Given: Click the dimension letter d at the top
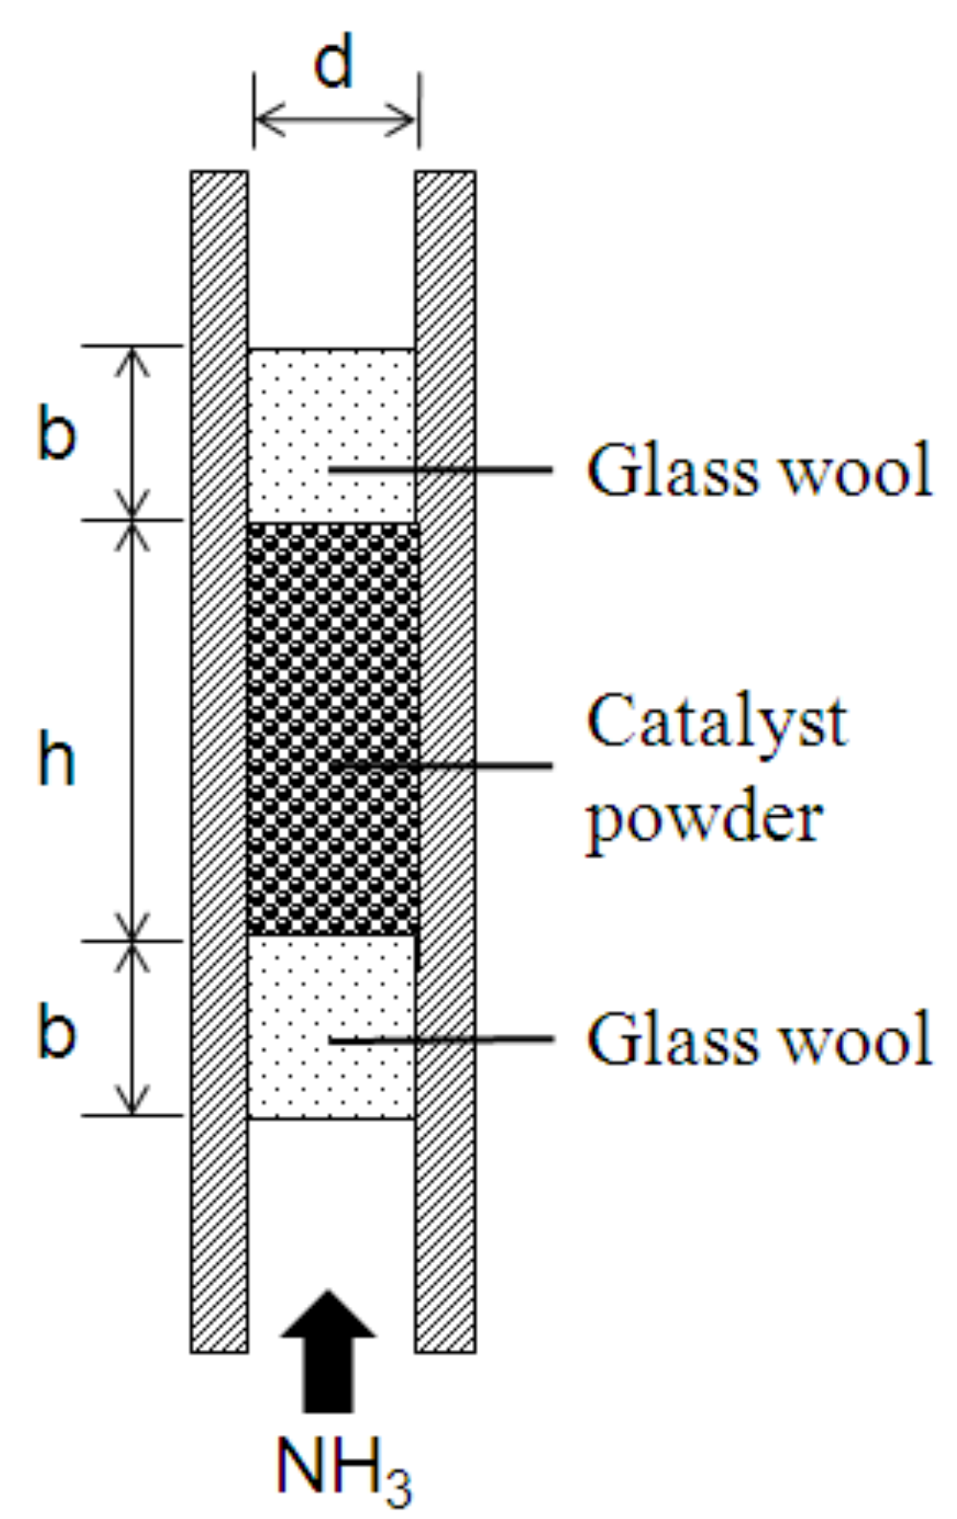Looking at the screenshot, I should tap(334, 64).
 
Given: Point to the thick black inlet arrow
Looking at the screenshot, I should tap(328, 1351).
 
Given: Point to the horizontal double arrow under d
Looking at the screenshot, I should tap(335, 120).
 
